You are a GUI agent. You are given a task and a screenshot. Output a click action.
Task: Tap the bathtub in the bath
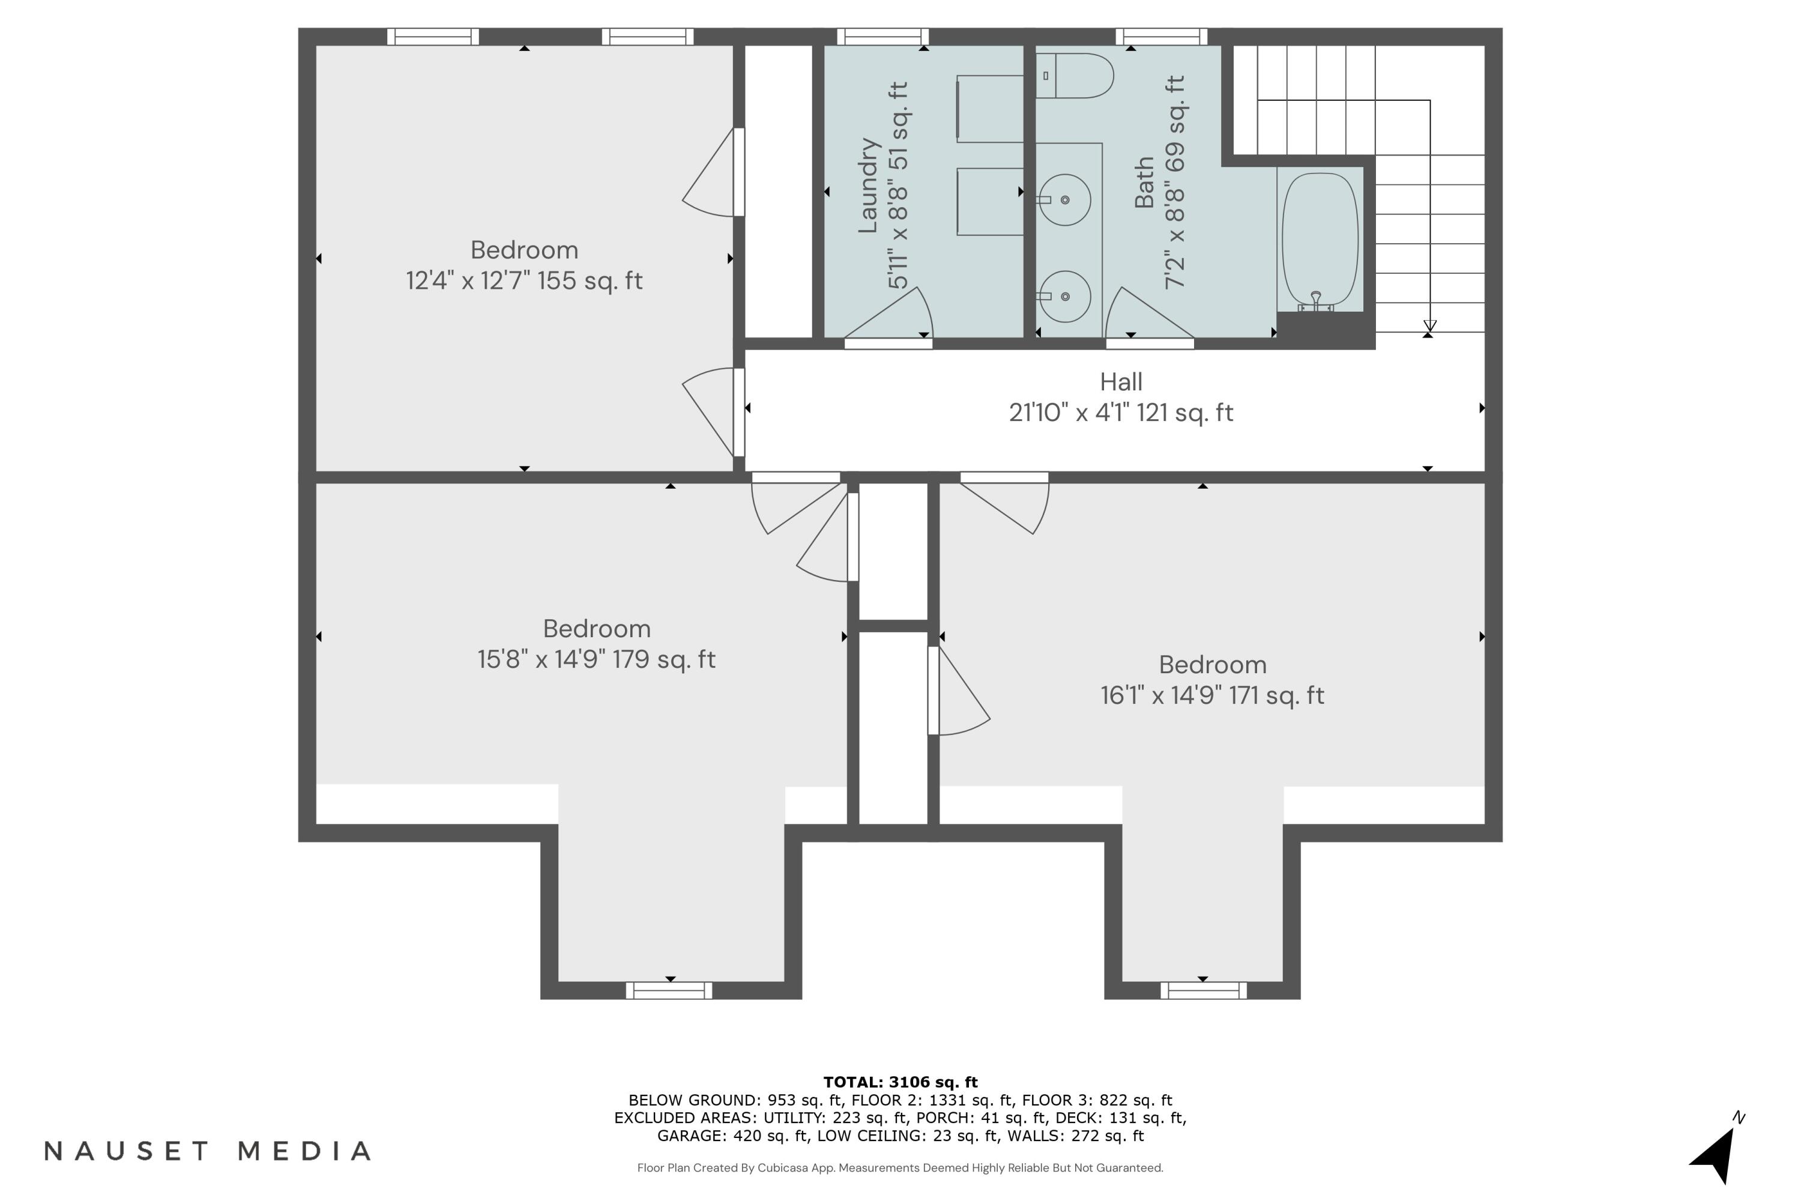[x=1320, y=239]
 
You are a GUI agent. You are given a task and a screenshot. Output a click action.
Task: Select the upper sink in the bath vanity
[x=1064, y=199]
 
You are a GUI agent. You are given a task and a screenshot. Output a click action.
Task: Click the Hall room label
[x=1121, y=381]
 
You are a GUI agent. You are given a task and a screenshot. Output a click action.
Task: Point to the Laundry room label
[x=867, y=186]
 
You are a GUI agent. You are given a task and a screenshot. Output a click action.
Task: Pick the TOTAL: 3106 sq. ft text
[x=901, y=1082]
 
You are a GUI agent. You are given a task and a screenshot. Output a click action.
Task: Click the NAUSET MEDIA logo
[x=208, y=1151]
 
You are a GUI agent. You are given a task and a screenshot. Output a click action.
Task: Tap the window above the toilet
[x=1161, y=37]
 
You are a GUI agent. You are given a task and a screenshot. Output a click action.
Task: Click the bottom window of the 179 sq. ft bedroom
[x=669, y=990]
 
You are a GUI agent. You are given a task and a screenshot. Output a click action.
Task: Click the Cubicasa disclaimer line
[x=901, y=1168]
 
